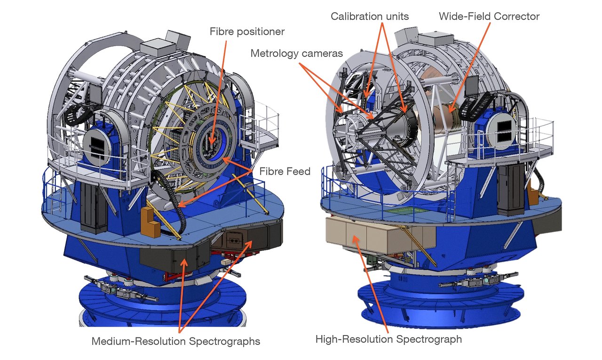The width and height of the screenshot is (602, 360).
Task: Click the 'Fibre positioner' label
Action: point(247,32)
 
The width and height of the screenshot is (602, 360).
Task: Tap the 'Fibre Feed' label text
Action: point(285,172)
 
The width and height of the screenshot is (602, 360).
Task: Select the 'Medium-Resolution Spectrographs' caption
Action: point(176,341)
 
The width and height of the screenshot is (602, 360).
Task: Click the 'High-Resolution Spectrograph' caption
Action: point(388,339)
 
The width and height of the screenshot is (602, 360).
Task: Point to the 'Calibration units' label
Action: point(370,16)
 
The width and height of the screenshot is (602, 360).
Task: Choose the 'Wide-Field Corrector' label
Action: point(489,16)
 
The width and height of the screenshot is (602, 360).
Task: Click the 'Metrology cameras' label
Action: point(291,53)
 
